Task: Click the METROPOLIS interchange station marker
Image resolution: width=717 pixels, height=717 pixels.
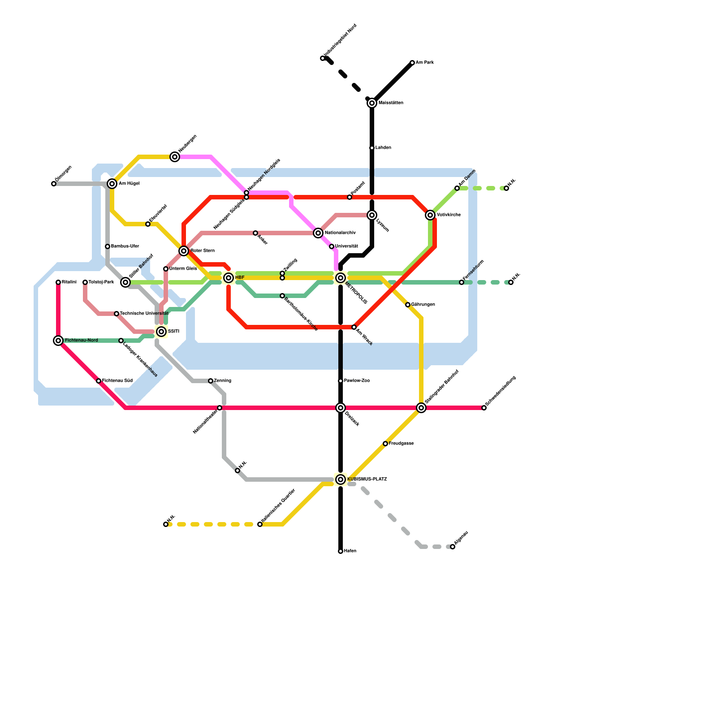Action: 341,278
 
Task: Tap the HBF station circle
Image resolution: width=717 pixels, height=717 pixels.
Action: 229,278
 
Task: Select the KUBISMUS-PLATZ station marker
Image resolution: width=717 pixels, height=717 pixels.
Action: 341,479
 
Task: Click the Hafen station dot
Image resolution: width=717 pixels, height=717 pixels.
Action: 341,551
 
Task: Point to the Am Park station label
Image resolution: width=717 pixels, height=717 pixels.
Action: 424,63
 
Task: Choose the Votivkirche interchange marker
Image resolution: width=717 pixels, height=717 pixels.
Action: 430,215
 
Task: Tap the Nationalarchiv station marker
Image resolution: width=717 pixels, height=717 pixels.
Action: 318,233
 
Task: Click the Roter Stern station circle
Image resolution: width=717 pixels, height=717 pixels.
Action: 184,251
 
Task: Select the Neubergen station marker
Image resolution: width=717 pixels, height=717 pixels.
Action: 175,157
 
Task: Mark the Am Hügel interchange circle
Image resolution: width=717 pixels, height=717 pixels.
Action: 112,184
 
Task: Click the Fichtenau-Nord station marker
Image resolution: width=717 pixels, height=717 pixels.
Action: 58,341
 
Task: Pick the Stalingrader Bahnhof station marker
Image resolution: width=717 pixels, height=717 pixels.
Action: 421,408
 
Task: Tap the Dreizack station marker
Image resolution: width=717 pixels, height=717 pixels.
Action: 341,408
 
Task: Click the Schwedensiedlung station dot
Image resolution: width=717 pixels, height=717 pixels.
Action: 484,408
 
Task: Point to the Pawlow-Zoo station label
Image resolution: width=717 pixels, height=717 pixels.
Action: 357,381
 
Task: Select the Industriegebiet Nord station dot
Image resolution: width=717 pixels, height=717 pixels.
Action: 323,58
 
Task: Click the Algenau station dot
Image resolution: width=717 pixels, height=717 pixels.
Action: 453,547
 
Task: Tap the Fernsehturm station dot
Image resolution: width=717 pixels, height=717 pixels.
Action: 462,282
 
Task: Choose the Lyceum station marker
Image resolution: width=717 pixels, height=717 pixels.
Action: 372,215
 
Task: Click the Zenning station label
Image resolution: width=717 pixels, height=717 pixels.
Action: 222,381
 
